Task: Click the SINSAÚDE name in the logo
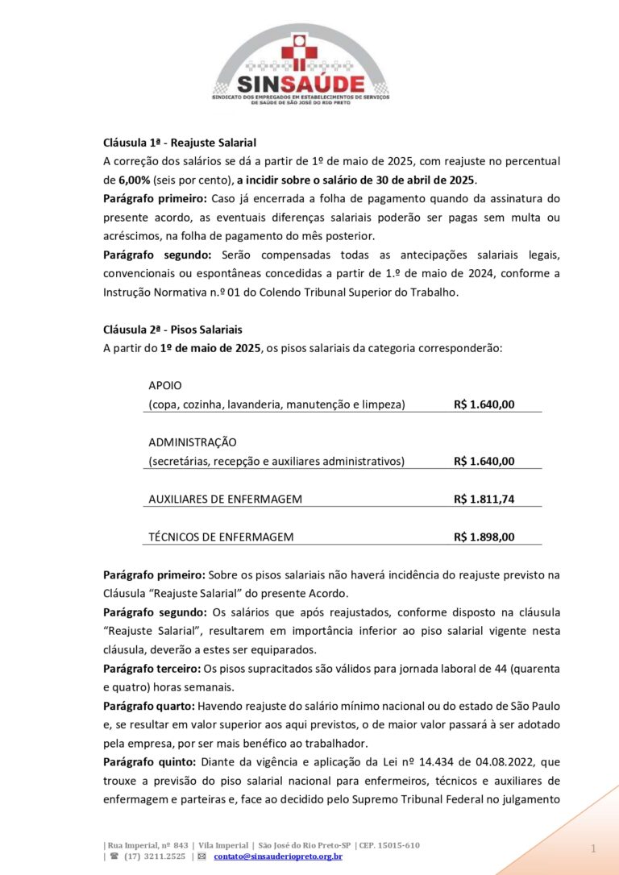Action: (x=300, y=83)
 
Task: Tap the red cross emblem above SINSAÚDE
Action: (x=300, y=48)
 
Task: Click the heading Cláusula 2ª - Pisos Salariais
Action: (x=172, y=330)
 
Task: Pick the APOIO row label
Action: (x=165, y=385)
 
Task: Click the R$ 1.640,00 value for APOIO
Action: (x=484, y=404)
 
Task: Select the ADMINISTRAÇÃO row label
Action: (x=193, y=442)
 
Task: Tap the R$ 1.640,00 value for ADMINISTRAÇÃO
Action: (x=484, y=461)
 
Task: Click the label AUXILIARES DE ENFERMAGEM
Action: (x=226, y=499)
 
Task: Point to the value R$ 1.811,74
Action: (x=484, y=499)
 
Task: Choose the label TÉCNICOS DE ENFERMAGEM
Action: (x=221, y=537)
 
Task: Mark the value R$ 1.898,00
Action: (x=484, y=537)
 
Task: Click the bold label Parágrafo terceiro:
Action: (x=152, y=668)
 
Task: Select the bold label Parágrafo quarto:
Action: (x=147, y=706)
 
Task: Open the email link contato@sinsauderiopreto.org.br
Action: (x=278, y=856)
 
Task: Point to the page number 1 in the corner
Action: (x=592, y=849)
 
